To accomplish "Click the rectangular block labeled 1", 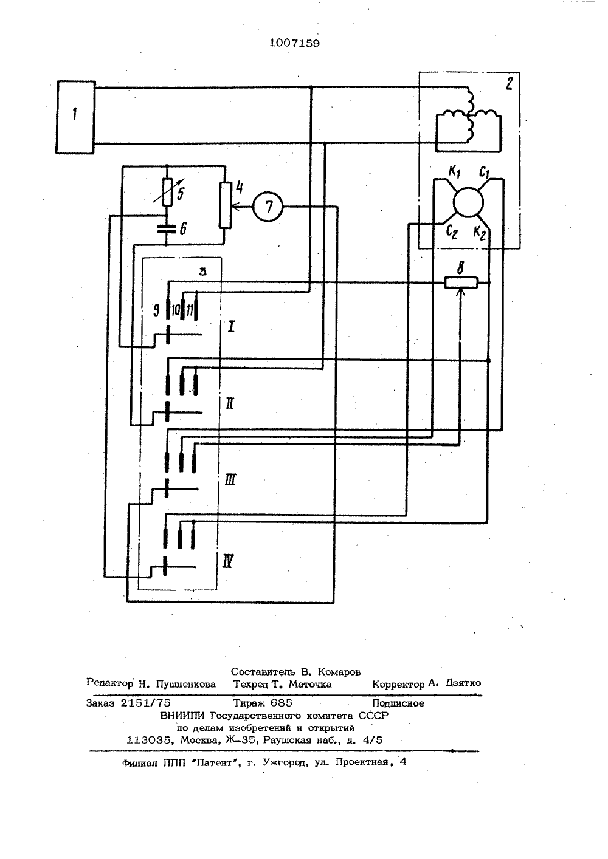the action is (x=75, y=117).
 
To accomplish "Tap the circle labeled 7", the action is (x=268, y=207).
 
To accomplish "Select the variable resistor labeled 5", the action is (x=167, y=191).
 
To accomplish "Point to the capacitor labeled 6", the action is (x=167, y=229).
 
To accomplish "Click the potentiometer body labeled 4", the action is (x=226, y=205).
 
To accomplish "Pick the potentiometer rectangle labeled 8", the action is (x=461, y=282).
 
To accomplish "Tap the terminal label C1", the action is (x=485, y=172).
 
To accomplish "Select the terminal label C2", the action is (x=451, y=231).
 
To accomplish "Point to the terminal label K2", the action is (x=480, y=233).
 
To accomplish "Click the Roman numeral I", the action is (x=231, y=327).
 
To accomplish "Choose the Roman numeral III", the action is (x=230, y=480).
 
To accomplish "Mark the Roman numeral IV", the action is (x=228, y=562).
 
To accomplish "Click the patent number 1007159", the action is (x=294, y=43).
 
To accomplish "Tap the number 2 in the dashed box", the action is (x=509, y=83).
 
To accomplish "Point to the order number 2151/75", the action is (x=145, y=702).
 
